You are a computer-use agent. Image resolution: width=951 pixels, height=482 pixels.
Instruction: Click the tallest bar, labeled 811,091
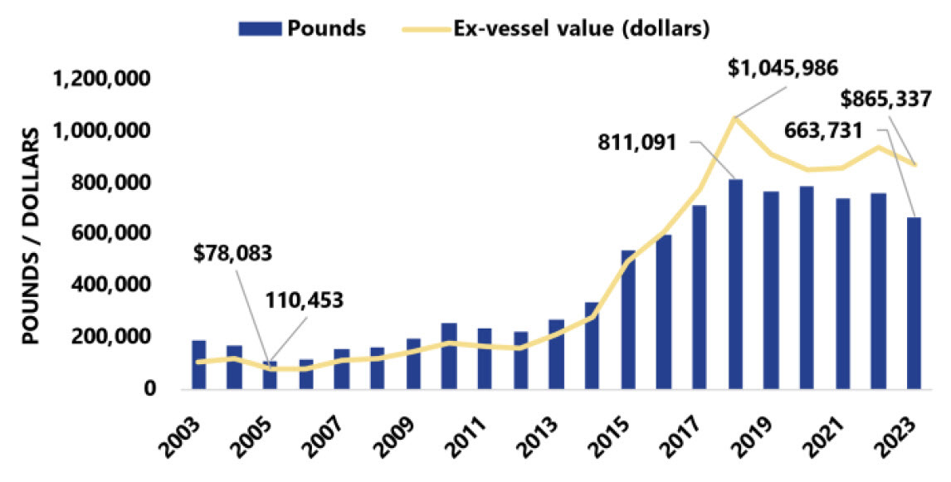[x=735, y=284]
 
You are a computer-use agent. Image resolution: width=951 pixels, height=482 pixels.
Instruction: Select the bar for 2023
[x=914, y=303]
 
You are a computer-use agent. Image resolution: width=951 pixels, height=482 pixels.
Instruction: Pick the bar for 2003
[x=198, y=364]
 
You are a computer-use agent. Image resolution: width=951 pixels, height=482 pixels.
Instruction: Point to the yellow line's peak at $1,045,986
[x=734, y=118]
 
